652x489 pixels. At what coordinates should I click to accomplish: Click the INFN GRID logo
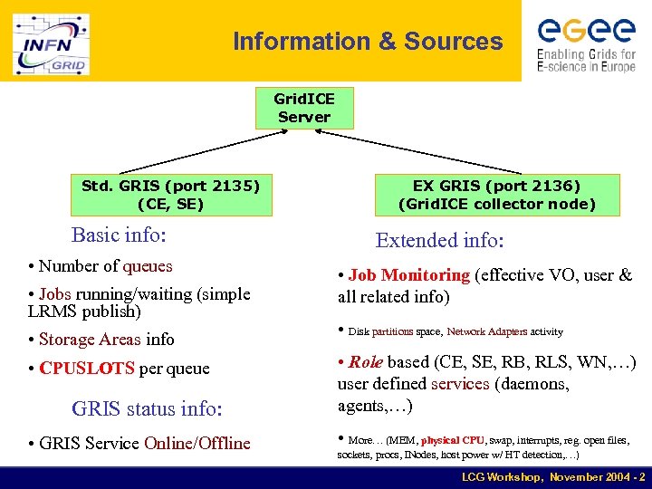[x=51, y=43]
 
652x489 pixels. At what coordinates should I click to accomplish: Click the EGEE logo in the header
[x=586, y=43]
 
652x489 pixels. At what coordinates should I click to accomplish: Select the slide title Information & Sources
[x=367, y=42]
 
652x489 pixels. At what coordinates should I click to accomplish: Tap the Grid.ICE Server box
[x=304, y=108]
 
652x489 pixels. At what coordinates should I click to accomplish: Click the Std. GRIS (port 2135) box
[x=170, y=195]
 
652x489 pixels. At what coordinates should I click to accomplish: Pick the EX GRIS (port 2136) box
[x=497, y=195]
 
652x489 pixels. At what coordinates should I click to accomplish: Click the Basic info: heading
[x=119, y=235]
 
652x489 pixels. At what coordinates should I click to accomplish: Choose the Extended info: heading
[x=440, y=240]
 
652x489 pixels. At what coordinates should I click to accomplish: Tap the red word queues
[x=148, y=266]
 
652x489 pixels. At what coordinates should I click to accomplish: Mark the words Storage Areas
[x=90, y=340]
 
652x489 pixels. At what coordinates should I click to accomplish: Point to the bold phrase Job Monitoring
[x=409, y=275]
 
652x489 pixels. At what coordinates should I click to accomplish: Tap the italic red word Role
[x=366, y=362]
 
